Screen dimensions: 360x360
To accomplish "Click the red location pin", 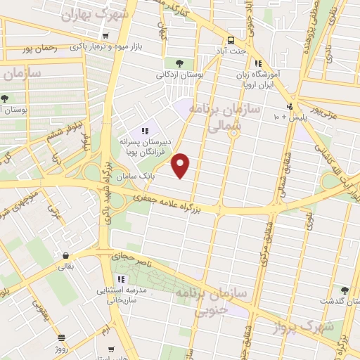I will click(x=181, y=165).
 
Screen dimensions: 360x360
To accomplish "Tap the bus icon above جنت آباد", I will click(x=231, y=40).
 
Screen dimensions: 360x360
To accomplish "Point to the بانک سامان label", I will click(x=136, y=174).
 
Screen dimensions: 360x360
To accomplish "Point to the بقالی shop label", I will click(x=65, y=266).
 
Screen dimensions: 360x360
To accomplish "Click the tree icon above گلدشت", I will click(x=344, y=290).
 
